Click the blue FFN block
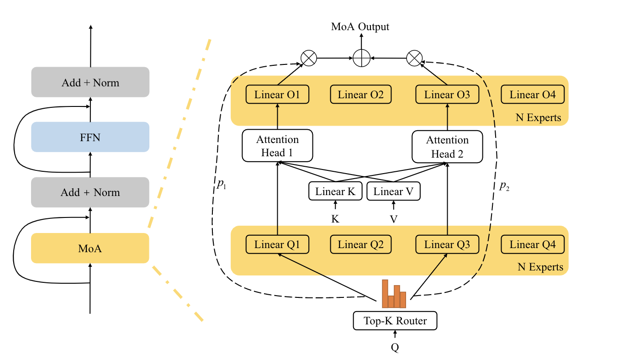tap(90, 137)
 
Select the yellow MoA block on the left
tap(90, 249)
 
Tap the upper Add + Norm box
tap(90, 82)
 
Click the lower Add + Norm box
tap(90, 192)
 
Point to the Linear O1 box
tap(277, 95)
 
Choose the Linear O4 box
tap(533, 95)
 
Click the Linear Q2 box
tap(360, 245)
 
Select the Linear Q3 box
tap(447, 245)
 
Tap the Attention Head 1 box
tap(277, 146)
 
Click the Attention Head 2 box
tap(447, 147)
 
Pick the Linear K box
tap(335, 191)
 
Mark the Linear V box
tap(393, 191)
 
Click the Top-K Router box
tap(395, 321)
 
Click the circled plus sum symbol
tap(361, 58)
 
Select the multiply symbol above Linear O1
tap(309, 58)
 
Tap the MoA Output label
tap(360, 26)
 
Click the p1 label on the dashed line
tap(222, 185)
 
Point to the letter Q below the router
tap(395, 348)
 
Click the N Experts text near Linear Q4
tap(540, 267)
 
